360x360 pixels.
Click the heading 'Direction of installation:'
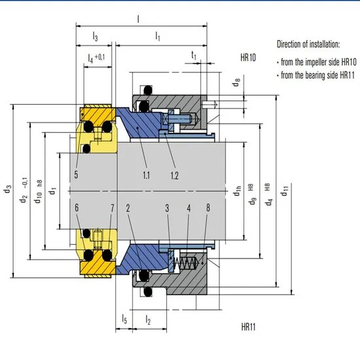(308, 45)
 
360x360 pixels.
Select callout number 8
(208, 207)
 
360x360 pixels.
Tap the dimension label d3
(7, 190)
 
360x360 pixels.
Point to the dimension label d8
(236, 84)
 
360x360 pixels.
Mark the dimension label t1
(194, 57)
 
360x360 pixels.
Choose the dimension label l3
(96, 37)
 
